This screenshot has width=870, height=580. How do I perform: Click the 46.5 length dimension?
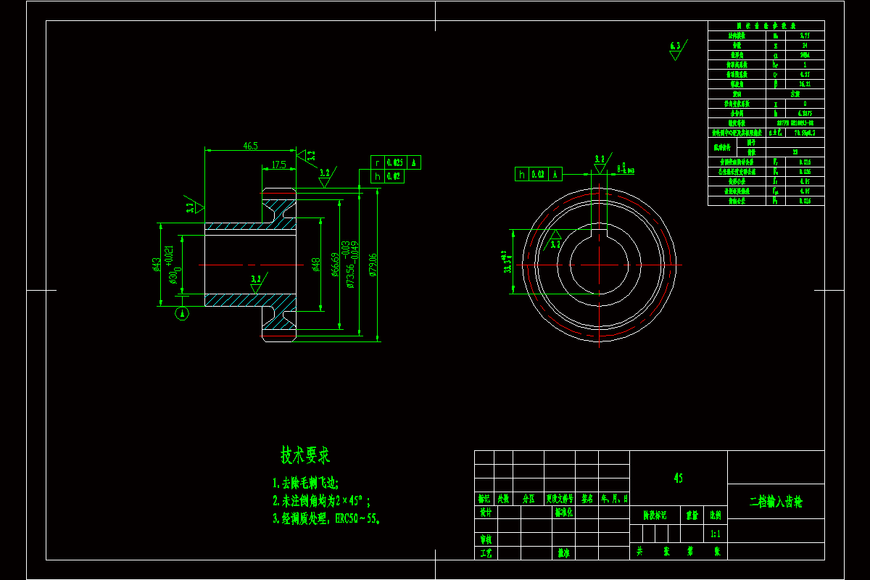click(250, 146)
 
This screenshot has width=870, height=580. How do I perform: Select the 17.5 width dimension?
click(278, 165)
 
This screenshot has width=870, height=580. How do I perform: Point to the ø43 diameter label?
click(156, 264)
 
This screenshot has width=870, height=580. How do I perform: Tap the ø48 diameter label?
click(316, 265)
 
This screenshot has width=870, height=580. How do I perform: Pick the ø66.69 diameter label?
click(334, 265)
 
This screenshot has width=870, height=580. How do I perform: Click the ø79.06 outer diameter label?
click(373, 265)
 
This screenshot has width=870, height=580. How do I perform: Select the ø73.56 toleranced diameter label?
click(351, 265)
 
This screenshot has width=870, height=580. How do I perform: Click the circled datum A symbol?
click(183, 313)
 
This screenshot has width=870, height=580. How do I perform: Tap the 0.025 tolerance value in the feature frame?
click(395, 162)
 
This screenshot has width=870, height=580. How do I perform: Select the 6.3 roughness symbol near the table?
click(676, 48)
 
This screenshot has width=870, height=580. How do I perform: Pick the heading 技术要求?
click(305, 455)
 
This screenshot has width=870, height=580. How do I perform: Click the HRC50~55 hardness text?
click(355, 519)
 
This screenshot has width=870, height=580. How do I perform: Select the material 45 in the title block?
click(678, 478)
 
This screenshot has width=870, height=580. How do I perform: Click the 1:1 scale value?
click(715, 534)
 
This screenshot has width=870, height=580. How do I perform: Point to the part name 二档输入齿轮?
click(776, 501)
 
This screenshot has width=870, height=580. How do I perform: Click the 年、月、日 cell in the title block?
click(615, 499)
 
